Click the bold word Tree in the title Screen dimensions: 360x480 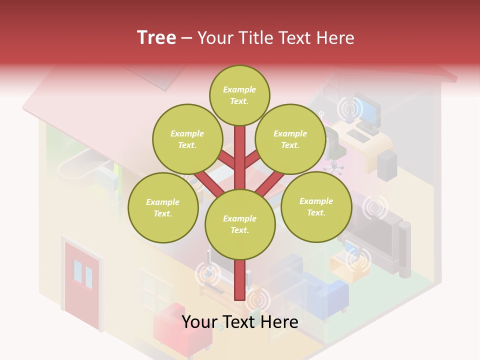tap(156, 37)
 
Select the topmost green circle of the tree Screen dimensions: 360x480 tap(239, 95)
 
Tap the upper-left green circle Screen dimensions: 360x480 tap(187, 139)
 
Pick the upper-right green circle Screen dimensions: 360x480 tap(290, 139)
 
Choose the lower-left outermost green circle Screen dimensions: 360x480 tap(163, 207)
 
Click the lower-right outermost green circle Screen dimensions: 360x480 tap(316, 206)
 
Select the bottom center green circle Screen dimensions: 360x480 tap(240, 224)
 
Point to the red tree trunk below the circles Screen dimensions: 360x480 tap(239, 280)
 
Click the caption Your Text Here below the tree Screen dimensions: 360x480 tap(240, 322)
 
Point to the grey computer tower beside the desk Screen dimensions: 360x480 tap(387, 165)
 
